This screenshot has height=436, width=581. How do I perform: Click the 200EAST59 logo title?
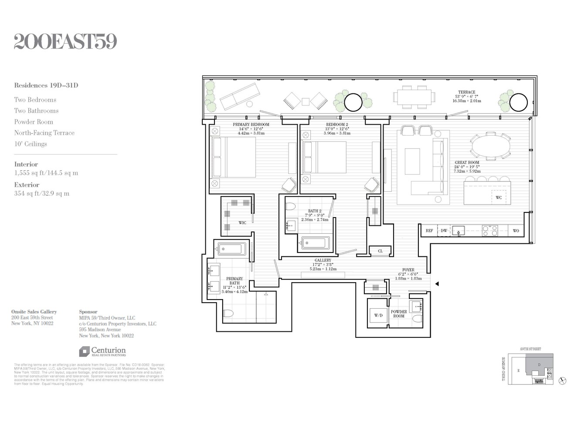pyautogui.click(x=65, y=42)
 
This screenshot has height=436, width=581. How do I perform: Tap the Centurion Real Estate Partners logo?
pyautogui.click(x=102, y=351)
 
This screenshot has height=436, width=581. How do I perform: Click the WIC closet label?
pyautogui.click(x=242, y=223)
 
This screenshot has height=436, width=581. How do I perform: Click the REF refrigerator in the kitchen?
pyautogui.click(x=429, y=231)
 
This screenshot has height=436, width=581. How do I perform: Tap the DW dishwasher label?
pyautogui.click(x=444, y=231)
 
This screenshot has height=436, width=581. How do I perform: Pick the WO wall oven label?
pyautogui.click(x=516, y=231)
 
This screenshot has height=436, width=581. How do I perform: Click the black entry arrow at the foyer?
pyautogui.click(x=437, y=284)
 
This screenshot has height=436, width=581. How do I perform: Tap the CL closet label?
pyautogui.click(x=380, y=251)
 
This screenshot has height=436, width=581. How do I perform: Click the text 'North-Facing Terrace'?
pyautogui.click(x=44, y=133)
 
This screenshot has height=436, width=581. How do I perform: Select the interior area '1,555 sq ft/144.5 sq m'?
pyautogui.click(x=46, y=173)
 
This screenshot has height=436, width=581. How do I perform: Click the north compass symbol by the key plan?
pyautogui.click(x=562, y=381)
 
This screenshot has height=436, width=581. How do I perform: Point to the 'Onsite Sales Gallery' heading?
pyautogui.click(x=34, y=312)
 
